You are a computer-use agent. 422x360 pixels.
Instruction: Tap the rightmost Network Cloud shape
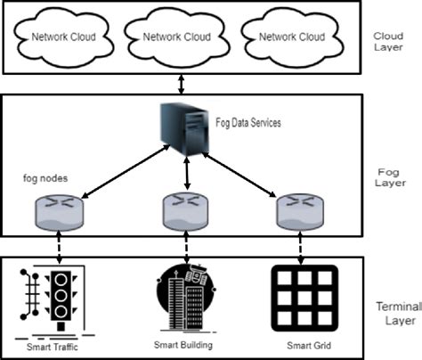pyautogui.click(x=293, y=37)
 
